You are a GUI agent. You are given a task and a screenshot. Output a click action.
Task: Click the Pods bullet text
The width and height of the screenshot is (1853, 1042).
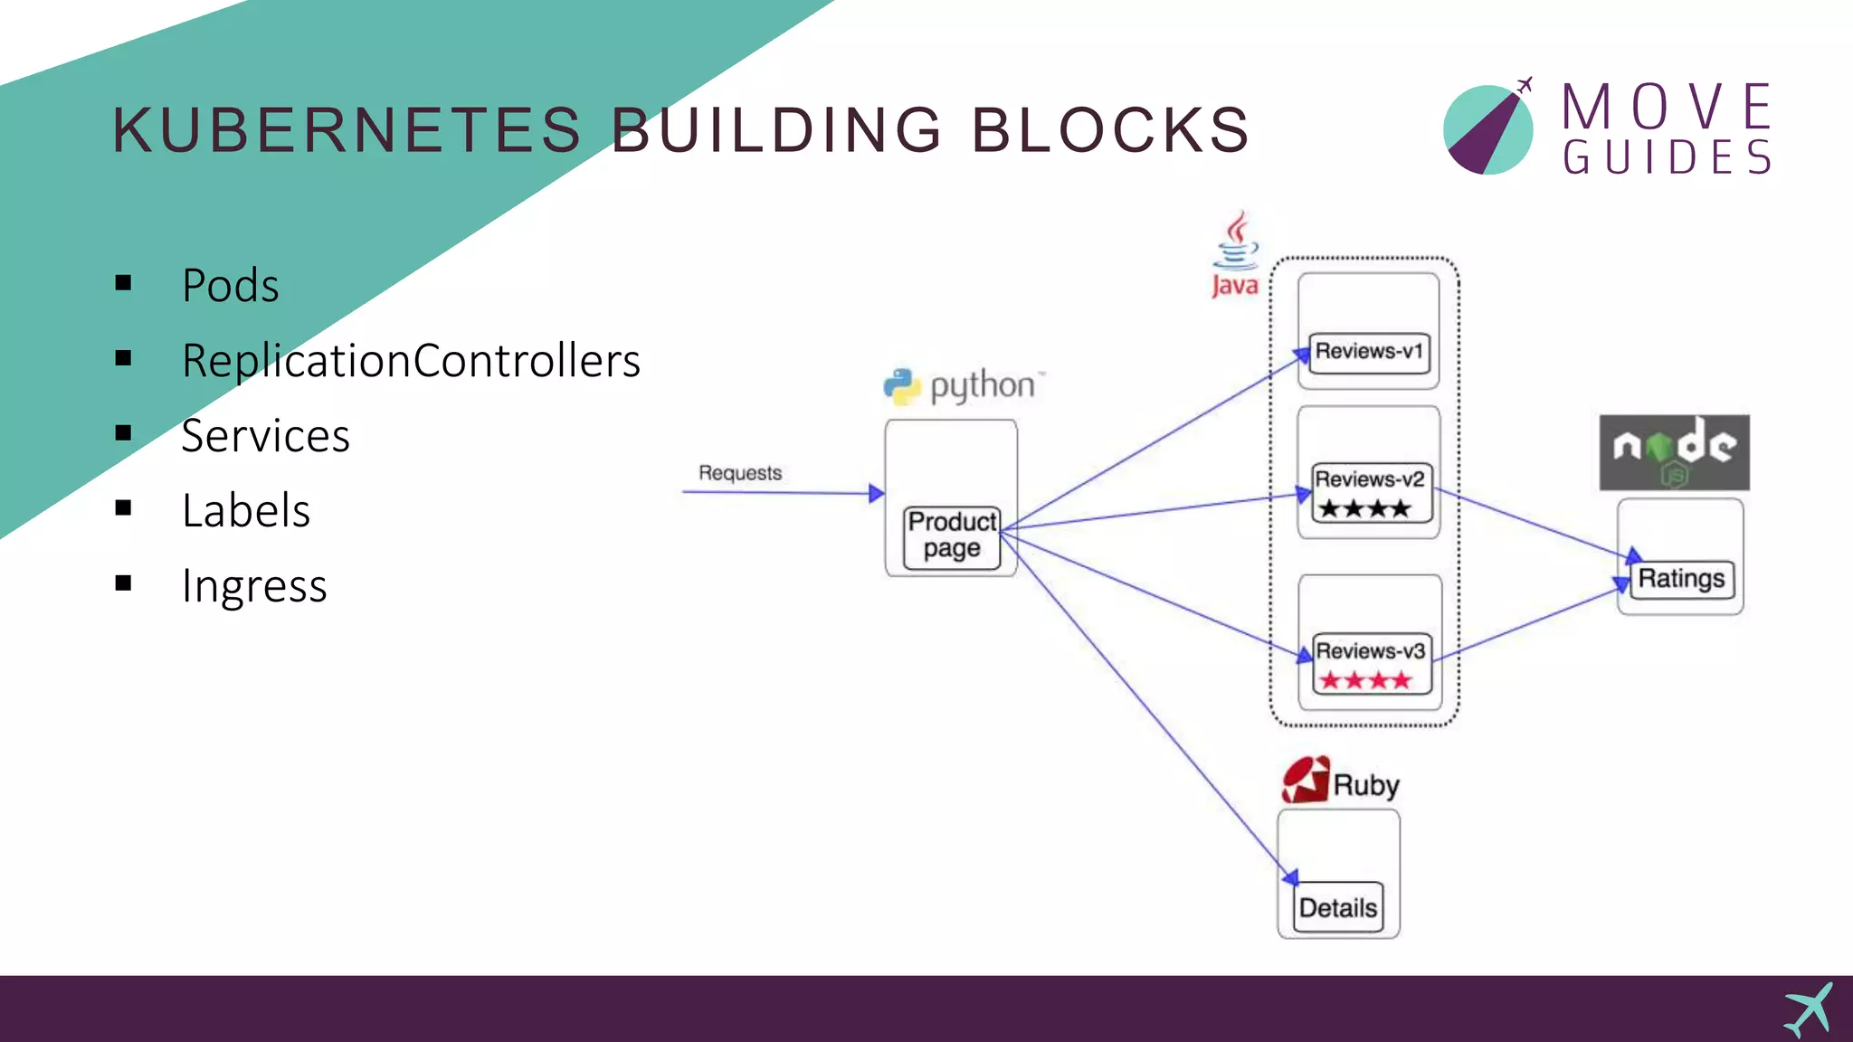coord(230,286)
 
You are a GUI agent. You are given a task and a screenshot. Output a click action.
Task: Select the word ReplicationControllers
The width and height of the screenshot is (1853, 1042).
coord(411,361)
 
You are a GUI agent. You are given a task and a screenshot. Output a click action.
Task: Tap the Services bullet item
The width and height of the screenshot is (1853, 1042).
coord(265,436)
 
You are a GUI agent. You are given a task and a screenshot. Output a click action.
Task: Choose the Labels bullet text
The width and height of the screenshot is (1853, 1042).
coord(245,511)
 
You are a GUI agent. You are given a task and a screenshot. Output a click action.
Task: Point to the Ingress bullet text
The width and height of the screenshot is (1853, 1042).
coord(253,586)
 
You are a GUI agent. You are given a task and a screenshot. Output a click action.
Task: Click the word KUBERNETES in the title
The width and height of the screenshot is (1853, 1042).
coord(347,129)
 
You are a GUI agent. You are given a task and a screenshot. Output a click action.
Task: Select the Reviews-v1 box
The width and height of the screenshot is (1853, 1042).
coord(1369,352)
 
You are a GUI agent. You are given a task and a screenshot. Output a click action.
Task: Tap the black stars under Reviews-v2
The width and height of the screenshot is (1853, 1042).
coord(1364,508)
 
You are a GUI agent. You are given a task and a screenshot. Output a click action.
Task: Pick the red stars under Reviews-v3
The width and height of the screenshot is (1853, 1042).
coord(1365,680)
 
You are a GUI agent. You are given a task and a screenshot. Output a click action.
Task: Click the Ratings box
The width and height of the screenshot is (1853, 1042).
coord(1681,579)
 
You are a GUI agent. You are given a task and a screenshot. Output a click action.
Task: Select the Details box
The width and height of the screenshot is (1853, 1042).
coord(1338,907)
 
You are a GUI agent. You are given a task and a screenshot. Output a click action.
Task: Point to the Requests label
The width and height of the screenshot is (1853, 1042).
coord(739,473)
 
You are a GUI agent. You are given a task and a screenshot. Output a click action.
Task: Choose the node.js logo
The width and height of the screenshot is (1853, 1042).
coord(1674,452)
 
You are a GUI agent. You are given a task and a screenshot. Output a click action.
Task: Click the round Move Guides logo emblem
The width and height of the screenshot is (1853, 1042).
coord(1487,129)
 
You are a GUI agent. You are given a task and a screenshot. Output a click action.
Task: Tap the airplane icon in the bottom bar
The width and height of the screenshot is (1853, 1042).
coord(1809,1009)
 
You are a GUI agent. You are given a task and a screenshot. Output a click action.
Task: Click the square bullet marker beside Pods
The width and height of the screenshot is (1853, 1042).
coord(124,284)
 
